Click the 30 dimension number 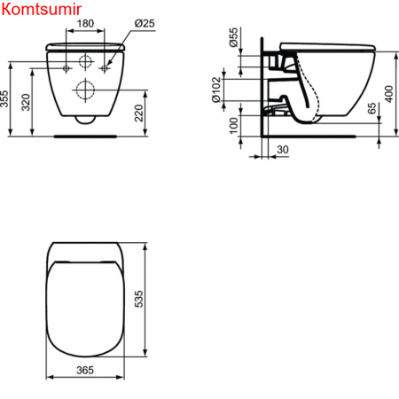282,152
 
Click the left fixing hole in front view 68,66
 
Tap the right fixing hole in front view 105,66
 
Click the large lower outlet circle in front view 87,89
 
